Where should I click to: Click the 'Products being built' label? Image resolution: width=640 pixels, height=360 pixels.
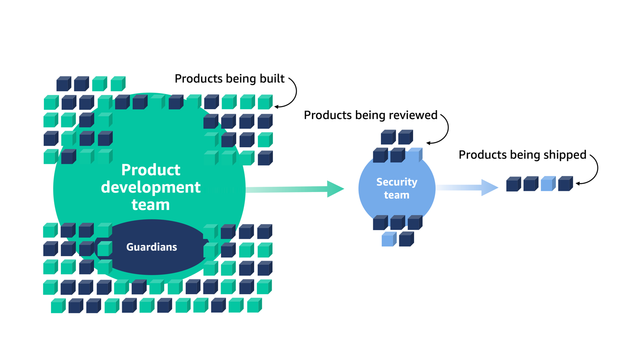(229, 79)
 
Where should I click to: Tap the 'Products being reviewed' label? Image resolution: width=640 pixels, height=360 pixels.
(370, 115)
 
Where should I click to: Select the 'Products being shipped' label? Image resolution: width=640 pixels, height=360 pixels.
(522, 155)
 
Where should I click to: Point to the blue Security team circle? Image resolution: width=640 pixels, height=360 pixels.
(397, 201)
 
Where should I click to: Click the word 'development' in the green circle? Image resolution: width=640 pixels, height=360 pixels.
(150, 187)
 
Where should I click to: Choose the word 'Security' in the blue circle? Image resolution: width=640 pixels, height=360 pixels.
(397, 182)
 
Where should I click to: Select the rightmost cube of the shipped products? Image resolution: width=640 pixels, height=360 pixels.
(565, 184)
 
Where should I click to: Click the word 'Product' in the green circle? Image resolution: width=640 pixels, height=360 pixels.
(151, 170)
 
